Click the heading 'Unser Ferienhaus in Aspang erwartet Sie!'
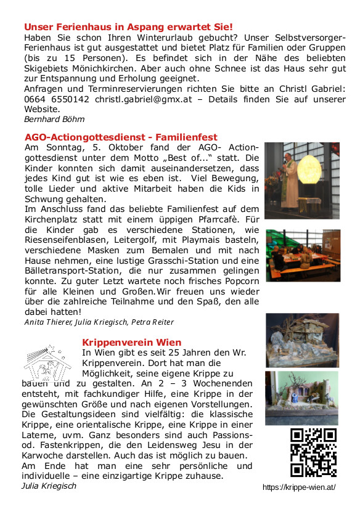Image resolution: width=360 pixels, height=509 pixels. click(x=128, y=27)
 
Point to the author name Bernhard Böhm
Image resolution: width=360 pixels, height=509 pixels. click(x=54, y=119)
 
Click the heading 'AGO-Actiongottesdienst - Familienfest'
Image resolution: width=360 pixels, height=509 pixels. click(x=121, y=137)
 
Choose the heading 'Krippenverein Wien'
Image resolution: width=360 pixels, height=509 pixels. click(x=131, y=342)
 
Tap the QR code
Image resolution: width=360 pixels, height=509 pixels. click(x=313, y=453)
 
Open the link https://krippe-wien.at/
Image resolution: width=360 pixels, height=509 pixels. click(x=298, y=487)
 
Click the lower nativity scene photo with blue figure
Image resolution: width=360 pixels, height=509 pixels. click(x=301, y=397)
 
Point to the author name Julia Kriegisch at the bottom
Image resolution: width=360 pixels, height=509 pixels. click(x=49, y=486)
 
